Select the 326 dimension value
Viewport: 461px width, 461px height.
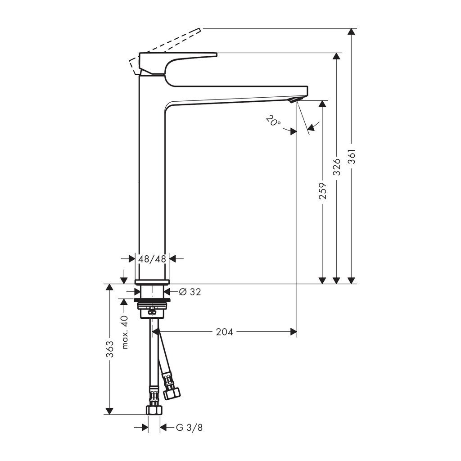[x=337, y=167]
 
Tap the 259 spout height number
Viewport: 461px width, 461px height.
[x=323, y=191]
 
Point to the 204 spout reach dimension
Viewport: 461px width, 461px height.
[x=224, y=332]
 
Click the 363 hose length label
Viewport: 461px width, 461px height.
[x=110, y=349]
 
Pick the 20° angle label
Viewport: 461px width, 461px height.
[x=273, y=121]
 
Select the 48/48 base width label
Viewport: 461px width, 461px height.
[x=152, y=259]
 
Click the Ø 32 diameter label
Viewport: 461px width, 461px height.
[x=190, y=292]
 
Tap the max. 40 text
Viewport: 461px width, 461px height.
[x=125, y=332]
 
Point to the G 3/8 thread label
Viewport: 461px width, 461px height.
[x=190, y=427]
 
